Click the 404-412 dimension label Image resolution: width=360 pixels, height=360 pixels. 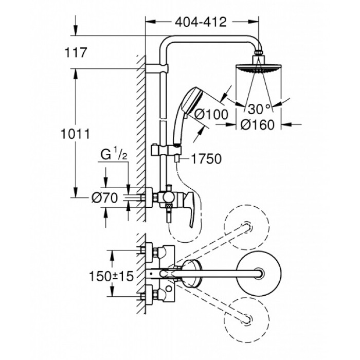coord(201,22)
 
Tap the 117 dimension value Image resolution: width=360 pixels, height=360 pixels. coord(76,52)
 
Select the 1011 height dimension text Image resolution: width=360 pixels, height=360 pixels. coord(75,134)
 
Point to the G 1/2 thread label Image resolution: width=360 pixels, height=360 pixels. coord(114,155)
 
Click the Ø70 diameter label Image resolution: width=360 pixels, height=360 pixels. coord(105,197)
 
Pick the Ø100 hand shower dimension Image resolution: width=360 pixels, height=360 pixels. coord(211,114)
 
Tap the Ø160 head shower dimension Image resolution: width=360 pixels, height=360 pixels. coord(258,124)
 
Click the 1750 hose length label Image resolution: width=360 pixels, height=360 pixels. coord(206,159)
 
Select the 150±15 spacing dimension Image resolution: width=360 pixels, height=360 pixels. coord(111,276)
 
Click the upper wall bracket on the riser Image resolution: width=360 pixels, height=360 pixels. coord(157,68)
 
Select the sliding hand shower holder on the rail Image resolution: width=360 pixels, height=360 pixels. coord(166,150)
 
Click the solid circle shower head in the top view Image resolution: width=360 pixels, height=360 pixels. coord(259,273)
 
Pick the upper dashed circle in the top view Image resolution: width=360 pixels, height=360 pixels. coord(247,227)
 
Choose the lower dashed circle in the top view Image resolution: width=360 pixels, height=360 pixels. coord(247,319)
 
